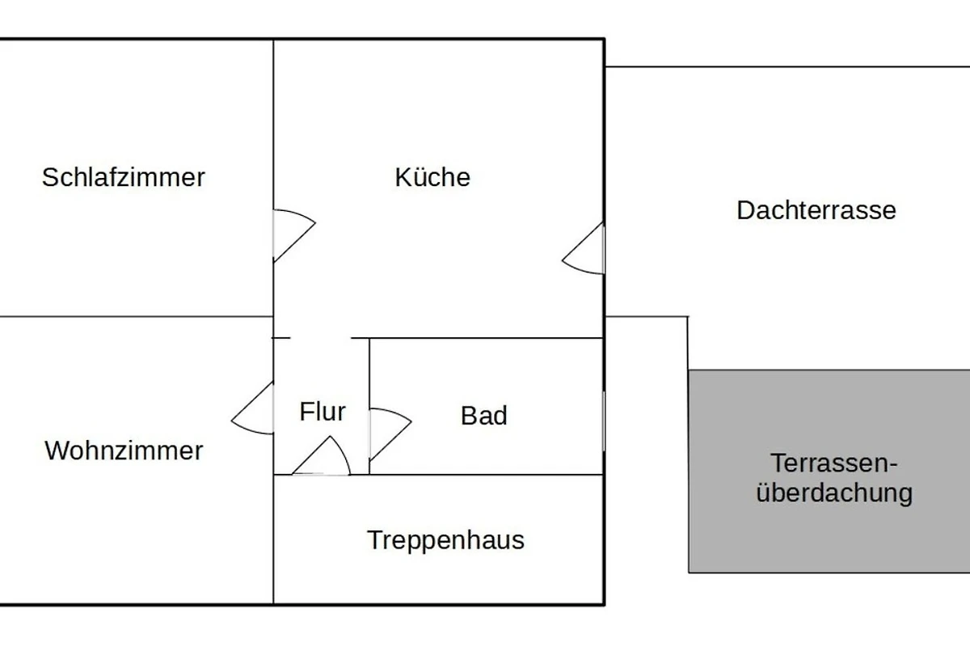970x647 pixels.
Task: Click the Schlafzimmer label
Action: [124, 177]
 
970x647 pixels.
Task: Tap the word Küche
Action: [432, 177]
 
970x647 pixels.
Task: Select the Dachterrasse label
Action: [816, 210]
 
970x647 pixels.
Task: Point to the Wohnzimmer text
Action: [124, 450]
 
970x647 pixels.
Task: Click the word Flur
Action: [323, 412]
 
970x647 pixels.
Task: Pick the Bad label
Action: [484, 416]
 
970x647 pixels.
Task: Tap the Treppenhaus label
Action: [445, 539]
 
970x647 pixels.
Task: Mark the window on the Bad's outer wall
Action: [604, 421]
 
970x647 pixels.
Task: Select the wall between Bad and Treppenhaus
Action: [485, 475]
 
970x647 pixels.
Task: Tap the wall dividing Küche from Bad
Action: [485, 337]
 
